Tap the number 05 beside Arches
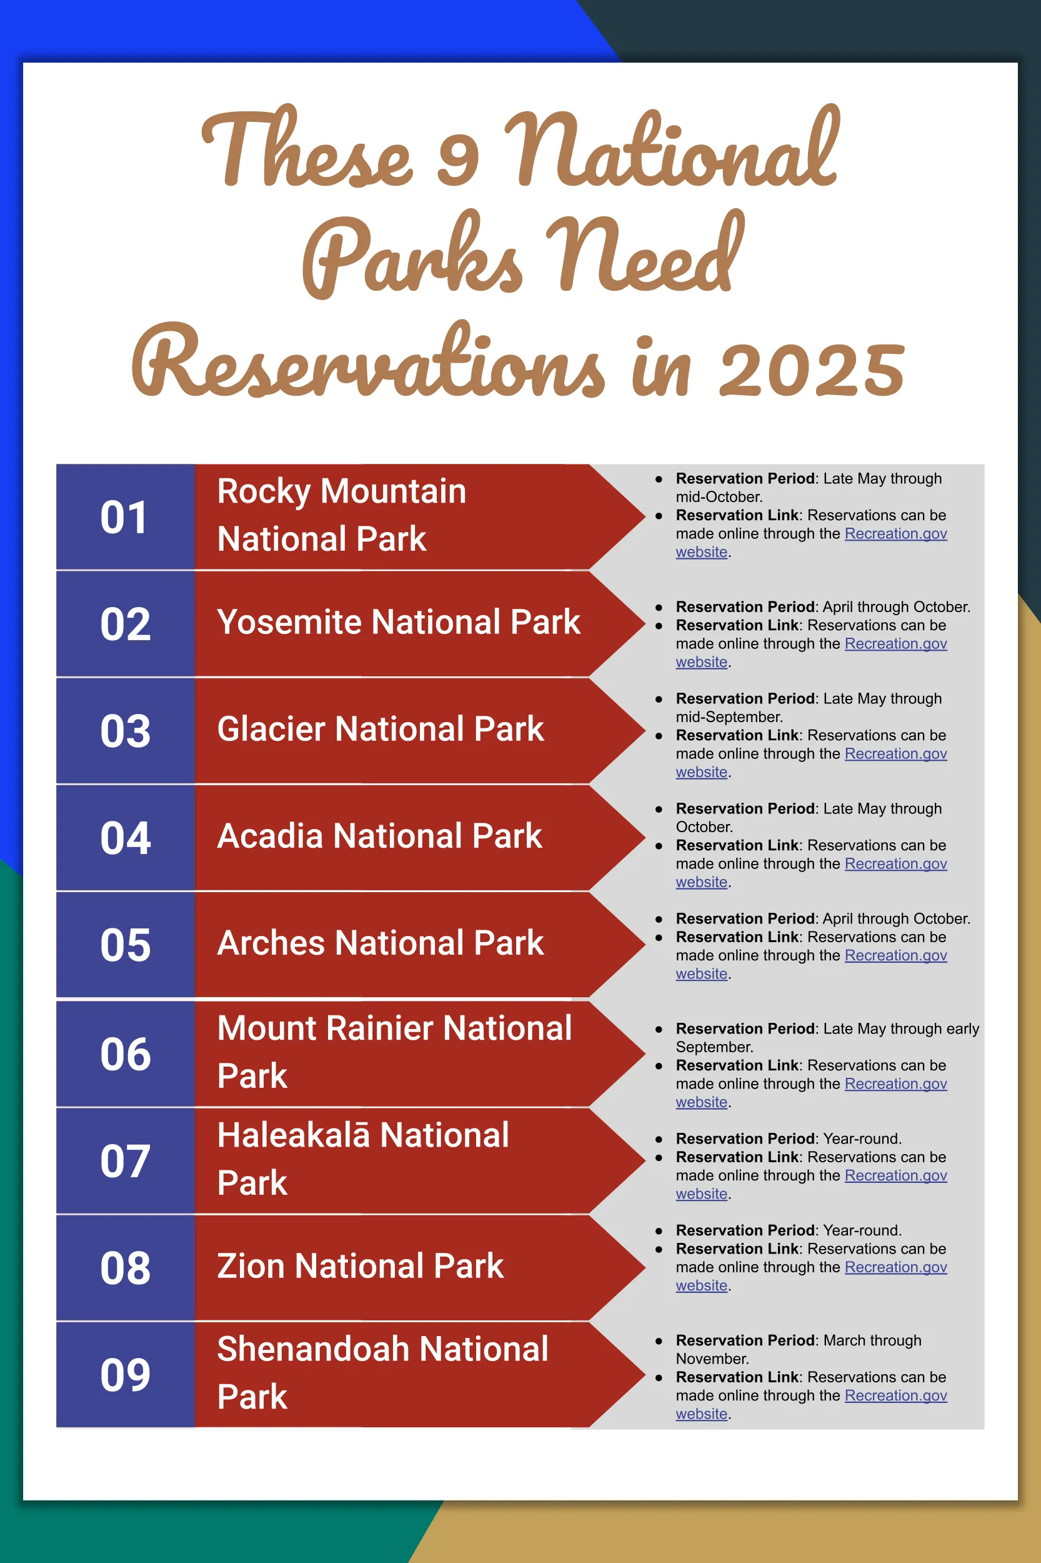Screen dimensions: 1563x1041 126,945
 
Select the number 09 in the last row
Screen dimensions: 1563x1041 126,1375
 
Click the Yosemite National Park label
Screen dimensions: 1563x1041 399,623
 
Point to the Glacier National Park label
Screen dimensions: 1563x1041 381,730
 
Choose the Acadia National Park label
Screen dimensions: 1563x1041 379,837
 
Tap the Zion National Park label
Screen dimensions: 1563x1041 360,1266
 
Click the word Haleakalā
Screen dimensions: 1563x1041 293,1135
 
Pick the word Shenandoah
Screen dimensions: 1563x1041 312,1349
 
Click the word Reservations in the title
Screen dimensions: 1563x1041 369,362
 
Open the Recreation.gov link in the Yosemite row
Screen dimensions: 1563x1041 895,644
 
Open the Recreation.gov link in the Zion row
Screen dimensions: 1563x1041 895,1267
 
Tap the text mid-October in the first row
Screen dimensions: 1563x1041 719,497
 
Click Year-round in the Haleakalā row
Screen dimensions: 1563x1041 861,1138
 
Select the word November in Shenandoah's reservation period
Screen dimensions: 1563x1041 712,1359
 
